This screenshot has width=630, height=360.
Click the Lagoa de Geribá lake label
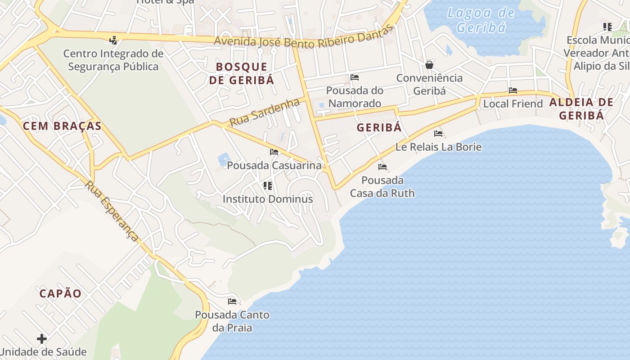[x=481, y=20]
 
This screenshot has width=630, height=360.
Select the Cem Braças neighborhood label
[x=62, y=126]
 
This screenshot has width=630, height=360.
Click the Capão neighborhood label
[x=60, y=294]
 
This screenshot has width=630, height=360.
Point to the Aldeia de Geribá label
[x=581, y=108]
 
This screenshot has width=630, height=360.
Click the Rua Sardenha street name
[x=264, y=112]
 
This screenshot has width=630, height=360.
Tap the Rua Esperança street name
[x=112, y=211]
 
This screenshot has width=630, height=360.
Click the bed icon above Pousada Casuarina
[x=274, y=152]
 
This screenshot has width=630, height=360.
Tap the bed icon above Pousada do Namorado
[x=355, y=77]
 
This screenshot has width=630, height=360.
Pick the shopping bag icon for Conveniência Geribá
[x=429, y=65]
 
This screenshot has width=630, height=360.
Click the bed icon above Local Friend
[x=513, y=90]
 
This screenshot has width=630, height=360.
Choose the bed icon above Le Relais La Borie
[x=438, y=134]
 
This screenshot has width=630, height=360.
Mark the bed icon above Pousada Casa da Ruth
[x=382, y=167]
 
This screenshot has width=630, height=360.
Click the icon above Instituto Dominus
[x=268, y=185]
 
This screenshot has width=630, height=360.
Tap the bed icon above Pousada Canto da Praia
[x=232, y=301]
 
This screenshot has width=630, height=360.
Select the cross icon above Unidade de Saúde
[x=42, y=338]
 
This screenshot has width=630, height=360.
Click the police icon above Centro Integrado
[x=113, y=40]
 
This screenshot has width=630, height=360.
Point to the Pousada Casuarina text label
[x=274, y=165]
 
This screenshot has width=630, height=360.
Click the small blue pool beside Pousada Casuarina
[x=224, y=159]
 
